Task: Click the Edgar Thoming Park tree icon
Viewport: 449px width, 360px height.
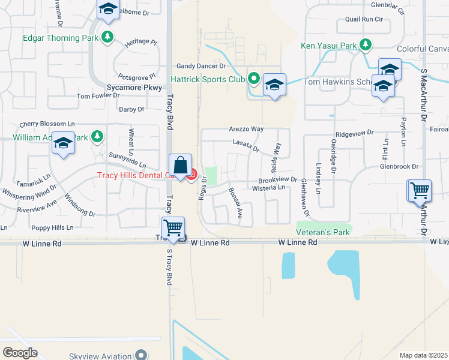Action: tap(107, 37)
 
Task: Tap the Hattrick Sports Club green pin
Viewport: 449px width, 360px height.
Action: tap(254, 79)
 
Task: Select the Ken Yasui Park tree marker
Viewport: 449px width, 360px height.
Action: tap(366, 44)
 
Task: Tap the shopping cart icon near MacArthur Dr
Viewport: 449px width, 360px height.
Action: tap(420, 191)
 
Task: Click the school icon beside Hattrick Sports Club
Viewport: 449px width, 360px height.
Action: tap(274, 85)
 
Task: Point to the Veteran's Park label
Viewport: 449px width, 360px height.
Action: tap(323, 232)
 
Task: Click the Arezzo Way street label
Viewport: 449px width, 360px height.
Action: tap(246, 129)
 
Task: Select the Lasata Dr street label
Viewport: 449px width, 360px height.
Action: tap(246, 144)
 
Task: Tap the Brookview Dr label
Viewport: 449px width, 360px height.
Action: tap(278, 179)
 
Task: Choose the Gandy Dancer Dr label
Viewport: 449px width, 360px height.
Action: tap(200, 66)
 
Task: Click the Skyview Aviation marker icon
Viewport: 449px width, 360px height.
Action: tap(141, 355)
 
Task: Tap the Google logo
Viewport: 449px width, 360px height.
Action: tap(20, 353)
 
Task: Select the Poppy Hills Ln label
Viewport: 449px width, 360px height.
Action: tap(52, 228)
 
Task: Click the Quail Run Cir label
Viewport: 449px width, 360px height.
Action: tap(360, 19)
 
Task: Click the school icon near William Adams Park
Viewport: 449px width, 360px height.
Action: tap(63, 143)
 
